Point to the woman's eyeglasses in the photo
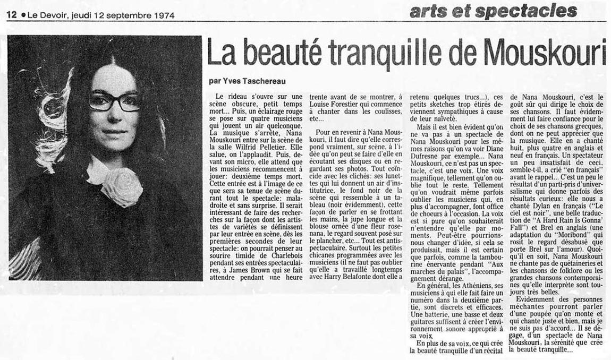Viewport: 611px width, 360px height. coord(114,101)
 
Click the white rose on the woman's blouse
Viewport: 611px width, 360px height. coord(122,186)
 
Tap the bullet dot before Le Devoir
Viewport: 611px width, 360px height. coord(23,15)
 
